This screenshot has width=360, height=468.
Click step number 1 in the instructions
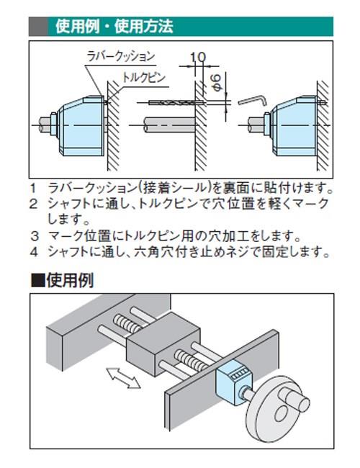point(33,189)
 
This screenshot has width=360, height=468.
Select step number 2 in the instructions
point(33,204)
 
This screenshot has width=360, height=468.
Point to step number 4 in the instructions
point(33,252)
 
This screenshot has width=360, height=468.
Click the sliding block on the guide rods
point(163,344)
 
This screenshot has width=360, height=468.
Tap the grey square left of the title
point(37,28)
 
